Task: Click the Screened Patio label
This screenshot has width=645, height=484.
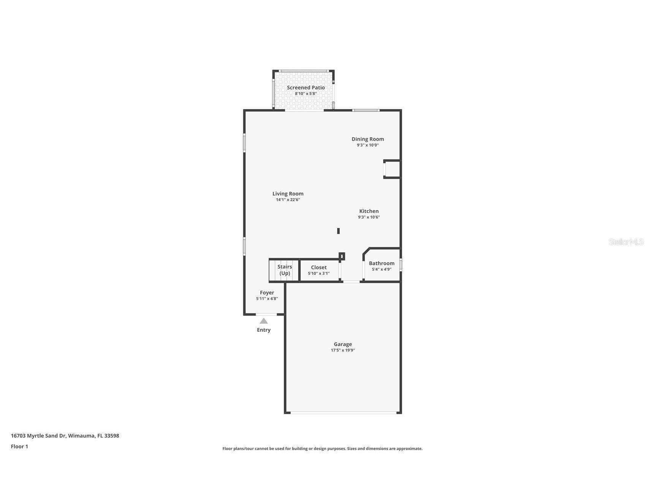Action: point(306,88)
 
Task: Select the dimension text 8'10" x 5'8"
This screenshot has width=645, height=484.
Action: point(306,94)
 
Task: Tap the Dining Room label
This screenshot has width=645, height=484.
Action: point(368,139)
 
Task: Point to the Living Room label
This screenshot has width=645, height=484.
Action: point(288,194)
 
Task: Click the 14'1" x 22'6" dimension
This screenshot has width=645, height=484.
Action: point(288,200)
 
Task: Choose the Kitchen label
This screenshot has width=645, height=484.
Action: point(369,211)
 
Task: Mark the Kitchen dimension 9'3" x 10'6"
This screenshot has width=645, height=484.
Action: point(369,217)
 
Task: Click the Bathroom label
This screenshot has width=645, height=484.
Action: point(382,263)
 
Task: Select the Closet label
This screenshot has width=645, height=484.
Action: point(319,267)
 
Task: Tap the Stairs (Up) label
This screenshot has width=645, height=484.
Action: point(285,270)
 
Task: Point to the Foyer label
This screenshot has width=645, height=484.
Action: point(267,293)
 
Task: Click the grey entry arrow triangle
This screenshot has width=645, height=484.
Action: point(264,321)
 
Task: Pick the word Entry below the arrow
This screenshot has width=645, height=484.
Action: point(264,330)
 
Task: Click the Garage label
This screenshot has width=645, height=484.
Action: point(343,344)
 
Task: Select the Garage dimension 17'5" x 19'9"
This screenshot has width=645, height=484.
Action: point(343,350)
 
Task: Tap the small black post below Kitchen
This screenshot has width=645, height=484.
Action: point(338,231)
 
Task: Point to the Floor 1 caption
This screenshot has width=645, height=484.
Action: point(19,447)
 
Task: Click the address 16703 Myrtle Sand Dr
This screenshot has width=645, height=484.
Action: point(65,436)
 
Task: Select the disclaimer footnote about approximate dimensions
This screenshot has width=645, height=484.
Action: point(322,449)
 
